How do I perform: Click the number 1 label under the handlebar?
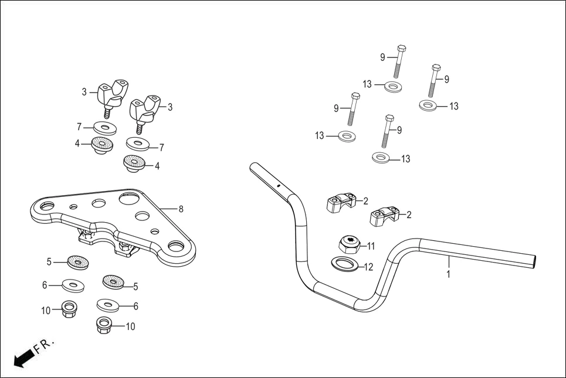point(449,274)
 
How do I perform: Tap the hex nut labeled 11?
point(350,243)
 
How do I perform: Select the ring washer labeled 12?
point(345,264)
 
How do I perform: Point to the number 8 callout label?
point(181,209)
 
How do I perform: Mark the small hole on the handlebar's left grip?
point(278,186)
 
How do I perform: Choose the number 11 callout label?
point(371,246)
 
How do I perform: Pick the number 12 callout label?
point(368,267)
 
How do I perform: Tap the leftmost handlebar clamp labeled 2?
point(340,205)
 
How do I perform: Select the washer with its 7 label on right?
point(138,144)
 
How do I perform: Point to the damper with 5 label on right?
point(114,282)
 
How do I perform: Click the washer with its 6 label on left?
point(73,286)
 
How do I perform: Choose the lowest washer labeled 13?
point(381,158)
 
